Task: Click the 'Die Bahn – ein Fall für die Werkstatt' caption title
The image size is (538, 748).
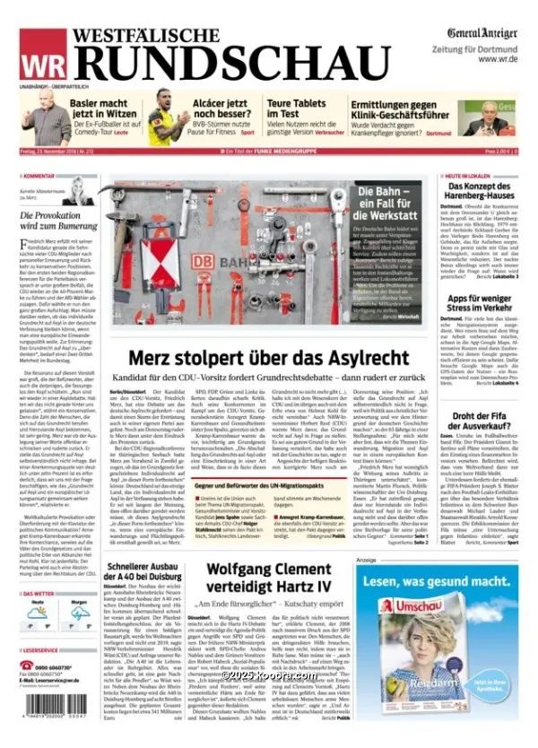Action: (x=386, y=205)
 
